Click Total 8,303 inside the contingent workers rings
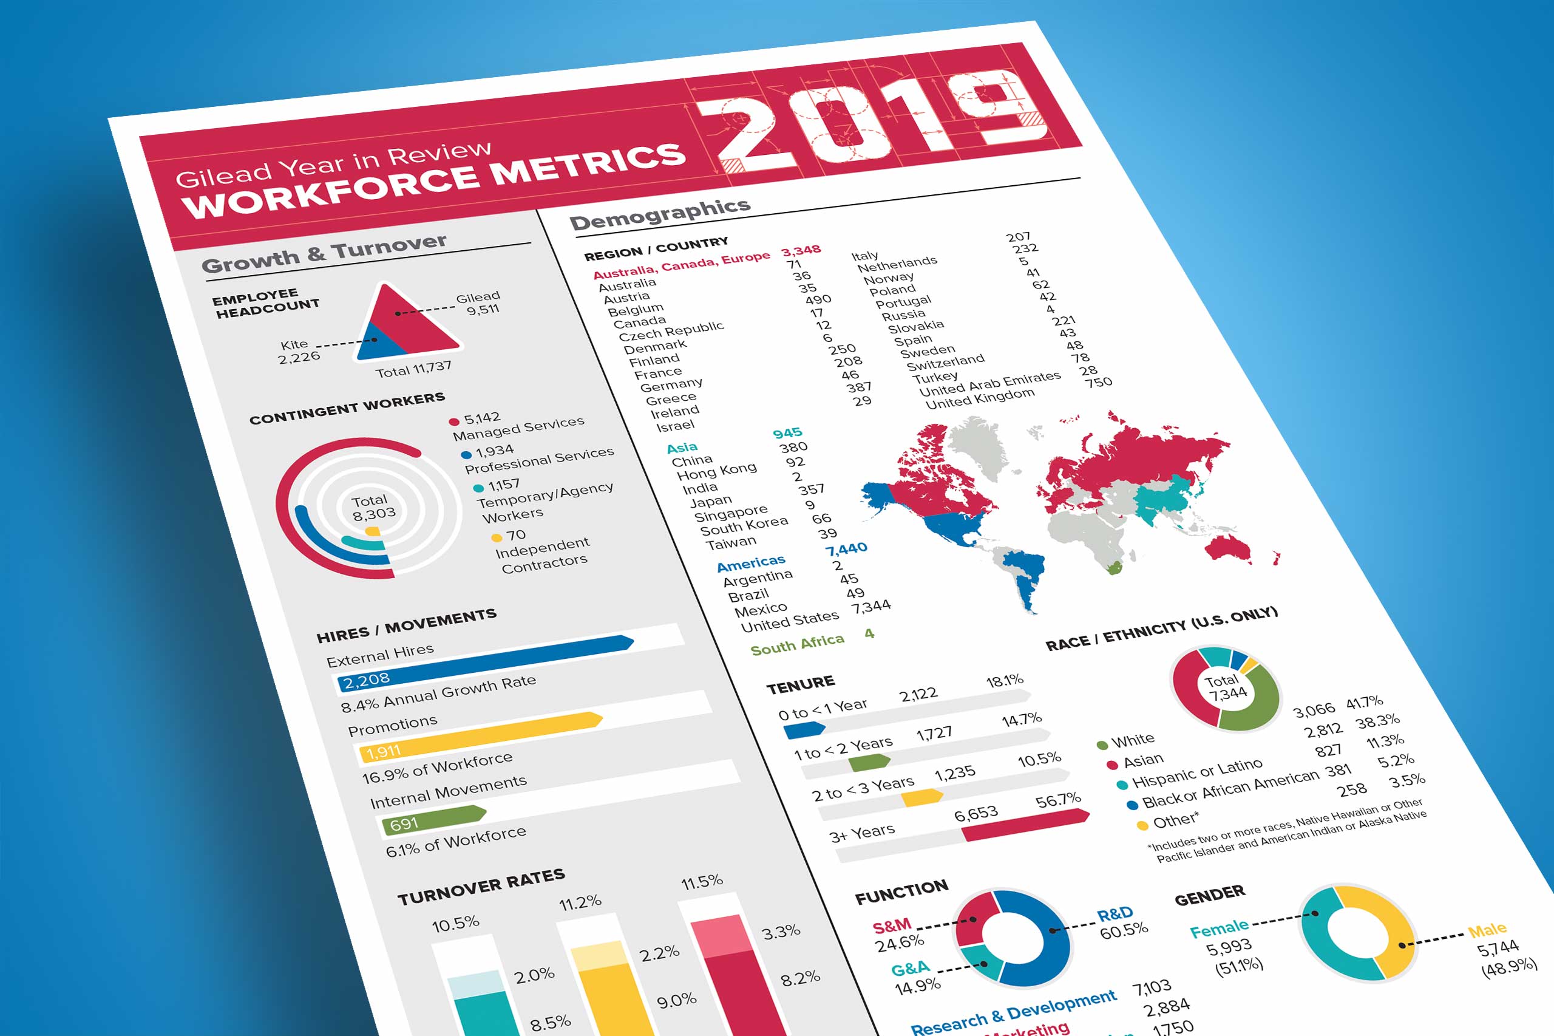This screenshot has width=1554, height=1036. (373, 507)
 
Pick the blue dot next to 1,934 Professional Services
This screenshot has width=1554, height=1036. (466, 455)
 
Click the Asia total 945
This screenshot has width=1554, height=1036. (787, 433)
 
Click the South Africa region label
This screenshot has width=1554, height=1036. (796, 644)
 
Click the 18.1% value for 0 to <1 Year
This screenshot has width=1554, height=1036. (1005, 680)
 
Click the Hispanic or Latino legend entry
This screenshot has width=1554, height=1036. (1196, 773)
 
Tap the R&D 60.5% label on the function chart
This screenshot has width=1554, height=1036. (1121, 922)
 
